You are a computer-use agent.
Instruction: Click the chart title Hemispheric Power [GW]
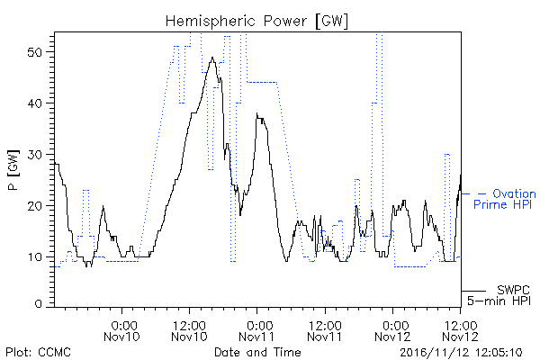pyautogui.click(x=256, y=21)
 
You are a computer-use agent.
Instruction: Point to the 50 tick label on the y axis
pyautogui.click(x=36, y=52)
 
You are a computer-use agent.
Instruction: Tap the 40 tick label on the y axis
pyautogui.click(x=36, y=103)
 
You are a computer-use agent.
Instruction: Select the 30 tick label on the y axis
pyautogui.click(x=36, y=155)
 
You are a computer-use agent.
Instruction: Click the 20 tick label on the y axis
pyautogui.click(x=36, y=206)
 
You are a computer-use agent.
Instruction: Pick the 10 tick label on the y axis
pyautogui.click(x=36, y=257)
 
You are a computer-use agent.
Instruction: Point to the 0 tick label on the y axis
pyautogui.click(x=39, y=304)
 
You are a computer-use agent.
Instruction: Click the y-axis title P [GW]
pyautogui.click(x=13, y=170)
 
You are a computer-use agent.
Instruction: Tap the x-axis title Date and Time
pyautogui.click(x=257, y=353)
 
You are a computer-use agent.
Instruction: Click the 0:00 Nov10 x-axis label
pyautogui.click(x=121, y=331)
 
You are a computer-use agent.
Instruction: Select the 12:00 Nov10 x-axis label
pyautogui.click(x=189, y=331)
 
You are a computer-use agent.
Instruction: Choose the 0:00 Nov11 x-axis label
pyautogui.click(x=256, y=331)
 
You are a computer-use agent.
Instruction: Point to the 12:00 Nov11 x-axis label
pyautogui.click(x=325, y=331)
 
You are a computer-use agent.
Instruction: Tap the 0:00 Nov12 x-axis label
pyautogui.click(x=392, y=331)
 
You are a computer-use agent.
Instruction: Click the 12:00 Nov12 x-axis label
pyautogui.click(x=461, y=331)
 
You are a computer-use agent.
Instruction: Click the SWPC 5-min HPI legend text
pyautogui.click(x=499, y=295)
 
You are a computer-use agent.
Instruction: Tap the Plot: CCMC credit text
pyautogui.click(x=38, y=353)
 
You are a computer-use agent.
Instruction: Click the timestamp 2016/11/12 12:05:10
pyautogui.click(x=461, y=353)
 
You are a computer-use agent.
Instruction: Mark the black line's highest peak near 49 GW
pyautogui.click(x=212, y=58)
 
